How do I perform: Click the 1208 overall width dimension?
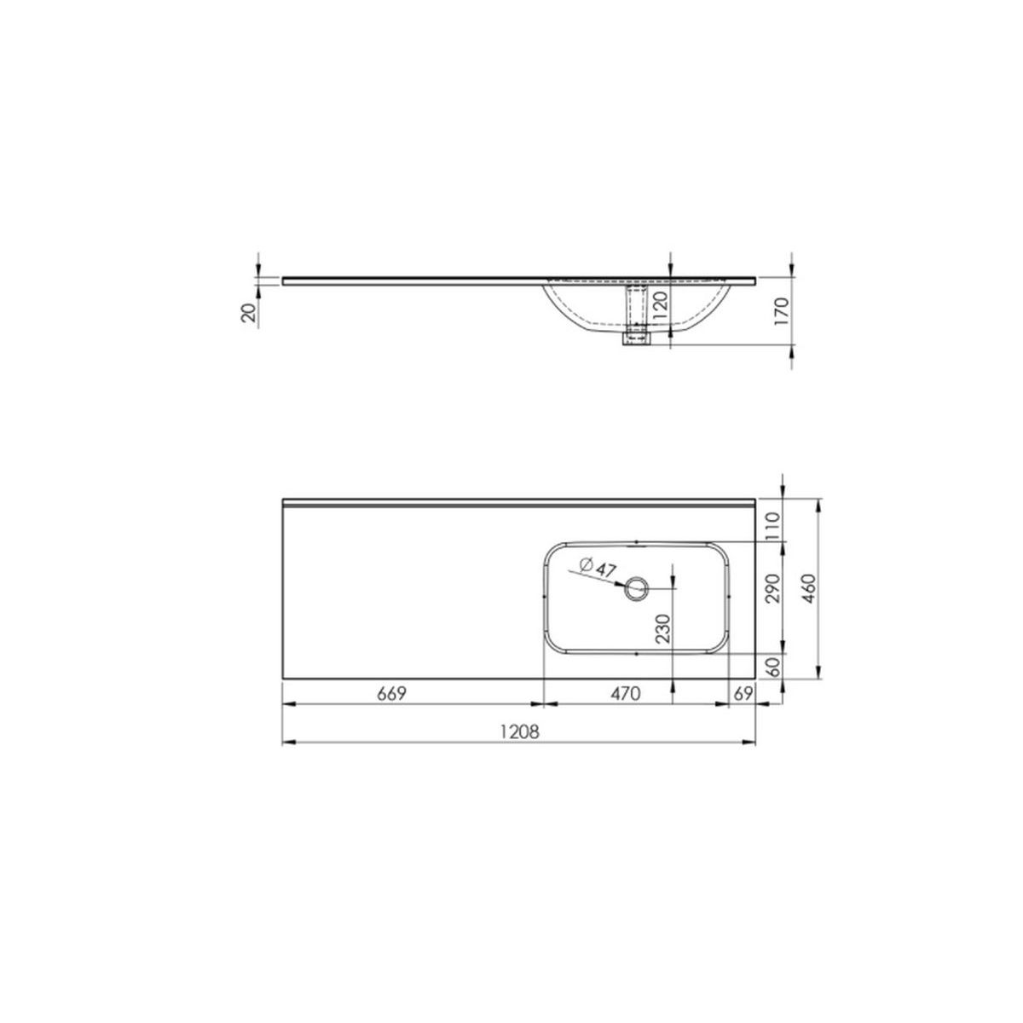pyautogui.click(x=519, y=732)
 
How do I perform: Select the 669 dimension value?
pyautogui.click(x=391, y=693)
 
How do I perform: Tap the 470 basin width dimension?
pyautogui.click(x=626, y=693)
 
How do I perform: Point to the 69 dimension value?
pyautogui.click(x=743, y=693)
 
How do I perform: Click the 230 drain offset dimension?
pyautogui.click(x=663, y=629)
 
